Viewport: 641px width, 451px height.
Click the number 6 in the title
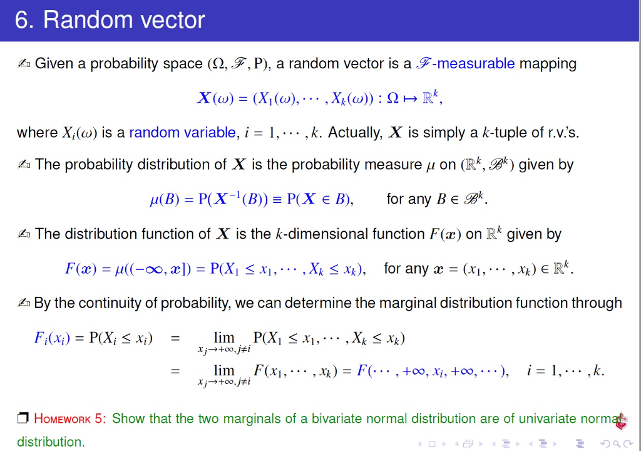(22, 20)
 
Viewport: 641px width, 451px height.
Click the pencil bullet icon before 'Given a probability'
(24, 63)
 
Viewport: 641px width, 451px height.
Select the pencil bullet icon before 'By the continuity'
(24, 303)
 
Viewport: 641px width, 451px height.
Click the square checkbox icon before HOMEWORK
(23, 418)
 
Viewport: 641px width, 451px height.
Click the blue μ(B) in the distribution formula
(165, 199)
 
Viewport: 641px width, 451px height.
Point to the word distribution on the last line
(50, 442)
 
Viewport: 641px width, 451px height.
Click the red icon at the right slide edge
(620, 422)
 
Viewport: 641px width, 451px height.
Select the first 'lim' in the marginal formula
(223, 338)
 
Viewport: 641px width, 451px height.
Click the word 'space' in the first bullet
(183, 63)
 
